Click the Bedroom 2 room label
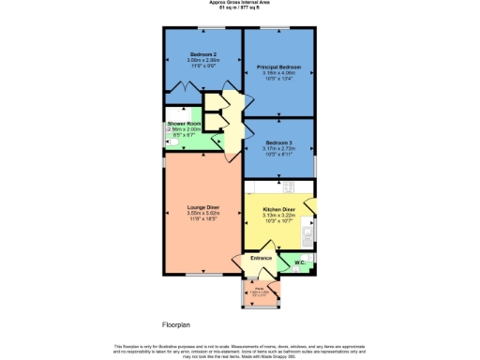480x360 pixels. [203, 54]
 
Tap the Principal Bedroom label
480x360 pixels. [279, 67]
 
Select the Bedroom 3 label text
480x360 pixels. [278, 142]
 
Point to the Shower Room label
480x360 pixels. [185, 124]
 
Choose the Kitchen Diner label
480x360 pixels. [279, 210]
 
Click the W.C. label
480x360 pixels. [300, 263]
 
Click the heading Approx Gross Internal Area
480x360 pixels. [241, 3]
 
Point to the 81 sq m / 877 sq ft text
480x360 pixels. [241, 9]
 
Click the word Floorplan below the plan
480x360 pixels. [175, 324]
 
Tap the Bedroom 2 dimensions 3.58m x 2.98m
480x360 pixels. [203, 60]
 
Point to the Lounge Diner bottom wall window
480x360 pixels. [196, 276]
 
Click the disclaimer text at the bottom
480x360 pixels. [241, 349]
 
